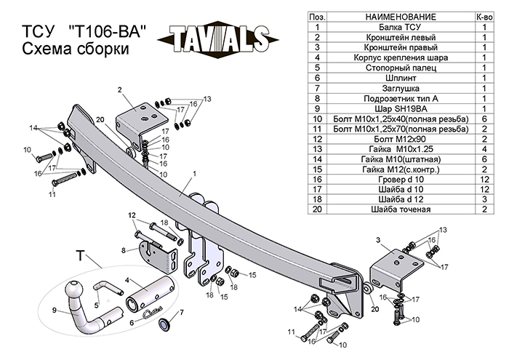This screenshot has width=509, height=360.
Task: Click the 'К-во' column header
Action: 484,15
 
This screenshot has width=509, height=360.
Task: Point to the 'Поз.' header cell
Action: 317,15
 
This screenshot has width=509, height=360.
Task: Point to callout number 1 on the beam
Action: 196,175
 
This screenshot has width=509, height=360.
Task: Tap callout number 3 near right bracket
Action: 378,239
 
